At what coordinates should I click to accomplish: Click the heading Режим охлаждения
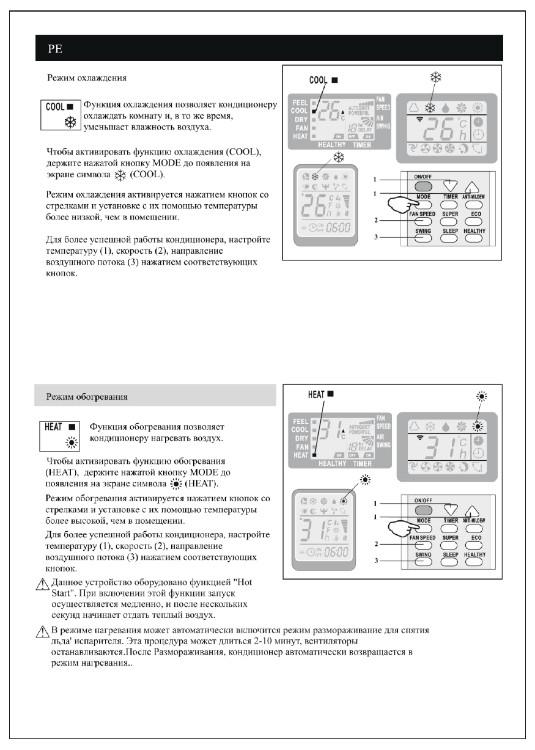pos(88,79)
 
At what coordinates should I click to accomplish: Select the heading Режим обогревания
pos(88,396)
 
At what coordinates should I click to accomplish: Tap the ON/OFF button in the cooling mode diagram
pos(423,186)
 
